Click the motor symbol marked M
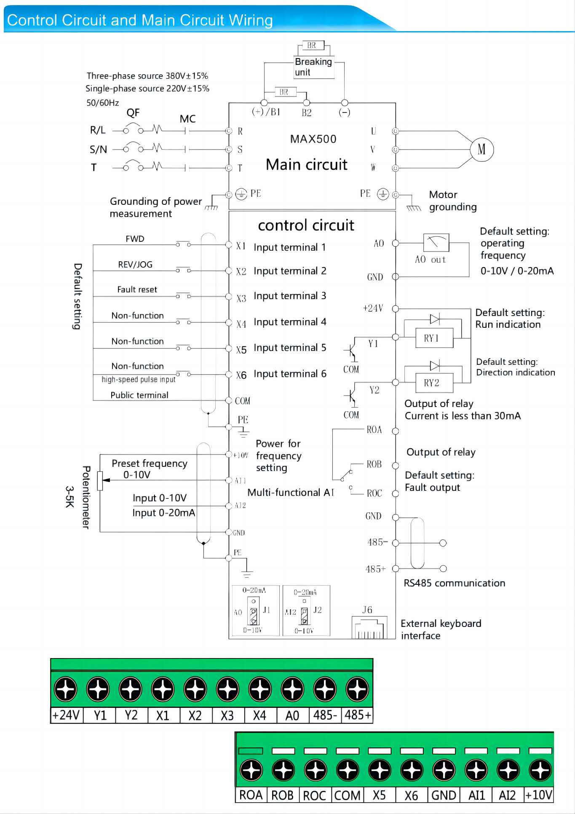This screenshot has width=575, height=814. [481, 149]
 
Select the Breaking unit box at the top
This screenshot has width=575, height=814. [314, 67]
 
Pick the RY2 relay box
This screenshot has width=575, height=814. [434, 383]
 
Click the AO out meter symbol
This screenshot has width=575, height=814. [436, 243]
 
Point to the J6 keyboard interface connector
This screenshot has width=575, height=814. [369, 628]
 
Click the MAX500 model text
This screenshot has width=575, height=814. [313, 139]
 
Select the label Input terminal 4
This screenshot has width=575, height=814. [290, 322]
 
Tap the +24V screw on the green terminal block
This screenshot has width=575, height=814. [66, 689]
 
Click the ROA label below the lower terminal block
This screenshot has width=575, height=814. [251, 795]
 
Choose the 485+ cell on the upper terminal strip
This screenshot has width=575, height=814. [358, 715]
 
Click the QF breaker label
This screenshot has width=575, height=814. [133, 112]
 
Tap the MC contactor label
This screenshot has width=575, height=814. [187, 119]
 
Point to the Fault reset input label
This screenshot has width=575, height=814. [137, 289]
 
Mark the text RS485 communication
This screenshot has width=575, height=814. [454, 583]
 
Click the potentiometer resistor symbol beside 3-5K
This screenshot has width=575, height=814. [100, 481]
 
